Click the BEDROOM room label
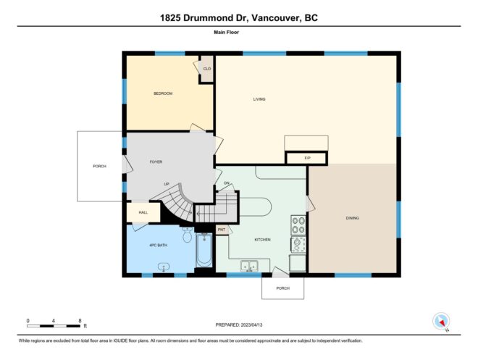[x=163, y=93]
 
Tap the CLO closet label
[x=207, y=69]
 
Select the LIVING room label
[x=259, y=99]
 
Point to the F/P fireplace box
[x=306, y=158]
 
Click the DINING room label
[x=353, y=218]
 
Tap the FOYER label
[x=156, y=162]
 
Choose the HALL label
[x=143, y=212]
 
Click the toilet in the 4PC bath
[x=187, y=235]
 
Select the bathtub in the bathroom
[x=204, y=250]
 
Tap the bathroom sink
[x=164, y=267]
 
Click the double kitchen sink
[x=249, y=266]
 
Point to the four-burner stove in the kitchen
[x=298, y=225]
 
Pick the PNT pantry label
[x=222, y=230]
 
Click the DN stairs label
[x=227, y=183]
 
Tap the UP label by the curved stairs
[x=167, y=184]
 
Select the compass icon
[x=441, y=322]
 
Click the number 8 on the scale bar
[x=80, y=321]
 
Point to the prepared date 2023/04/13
[x=251, y=325]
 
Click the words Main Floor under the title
[x=226, y=33]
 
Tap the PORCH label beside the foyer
[x=99, y=166]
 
